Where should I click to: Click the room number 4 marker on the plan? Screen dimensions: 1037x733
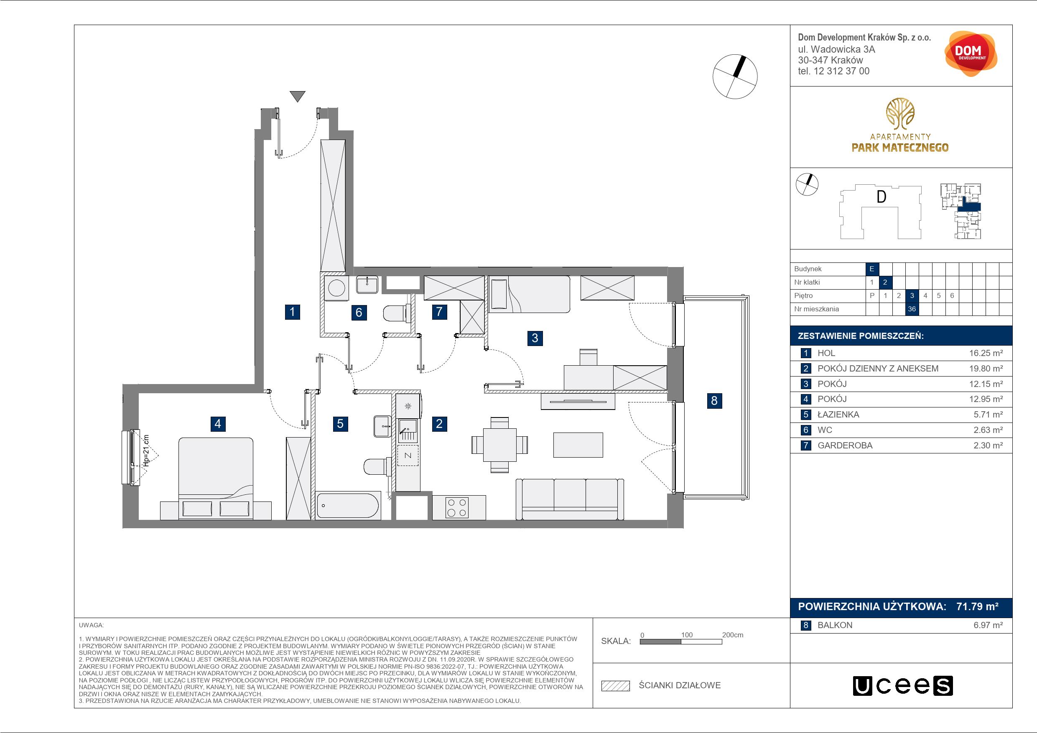coord(218,424)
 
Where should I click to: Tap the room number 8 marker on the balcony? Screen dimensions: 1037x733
coord(714,401)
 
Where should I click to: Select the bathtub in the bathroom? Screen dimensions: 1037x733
coord(347,505)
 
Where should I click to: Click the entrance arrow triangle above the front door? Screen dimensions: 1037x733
coord(297,96)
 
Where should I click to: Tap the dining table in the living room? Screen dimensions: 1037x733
coord(499,445)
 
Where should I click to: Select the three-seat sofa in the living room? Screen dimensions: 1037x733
coord(570,499)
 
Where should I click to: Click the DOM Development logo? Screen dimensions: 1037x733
coord(971,54)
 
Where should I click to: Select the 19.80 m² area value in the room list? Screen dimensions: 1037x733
coord(986,369)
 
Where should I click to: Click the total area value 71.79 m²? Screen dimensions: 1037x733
coord(977,606)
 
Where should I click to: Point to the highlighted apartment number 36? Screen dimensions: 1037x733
coord(912,309)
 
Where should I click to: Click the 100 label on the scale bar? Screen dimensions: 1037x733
coord(686,634)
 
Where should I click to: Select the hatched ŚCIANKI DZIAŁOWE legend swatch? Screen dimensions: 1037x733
coord(615,686)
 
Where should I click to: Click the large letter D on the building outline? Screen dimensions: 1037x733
coord(881,197)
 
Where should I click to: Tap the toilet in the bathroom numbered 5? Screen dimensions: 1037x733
coord(377,466)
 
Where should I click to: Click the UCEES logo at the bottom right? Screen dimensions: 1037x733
coord(902,686)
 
